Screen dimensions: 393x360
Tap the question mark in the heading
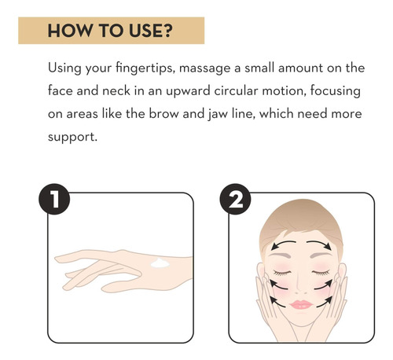coord(168,31)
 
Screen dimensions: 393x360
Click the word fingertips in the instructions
coord(145,68)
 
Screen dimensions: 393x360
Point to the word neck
coord(116,91)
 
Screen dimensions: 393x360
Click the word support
coord(72,138)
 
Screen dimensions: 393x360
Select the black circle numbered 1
coord(54,199)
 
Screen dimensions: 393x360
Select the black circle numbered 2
coord(235,199)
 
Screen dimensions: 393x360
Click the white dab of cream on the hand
coord(160,263)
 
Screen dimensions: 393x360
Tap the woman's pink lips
coord(301,304)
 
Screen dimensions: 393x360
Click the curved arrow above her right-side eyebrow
coord(318,244)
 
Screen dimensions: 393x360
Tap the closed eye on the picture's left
coord(282,273)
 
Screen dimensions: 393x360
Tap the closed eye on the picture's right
coord(321,273)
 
